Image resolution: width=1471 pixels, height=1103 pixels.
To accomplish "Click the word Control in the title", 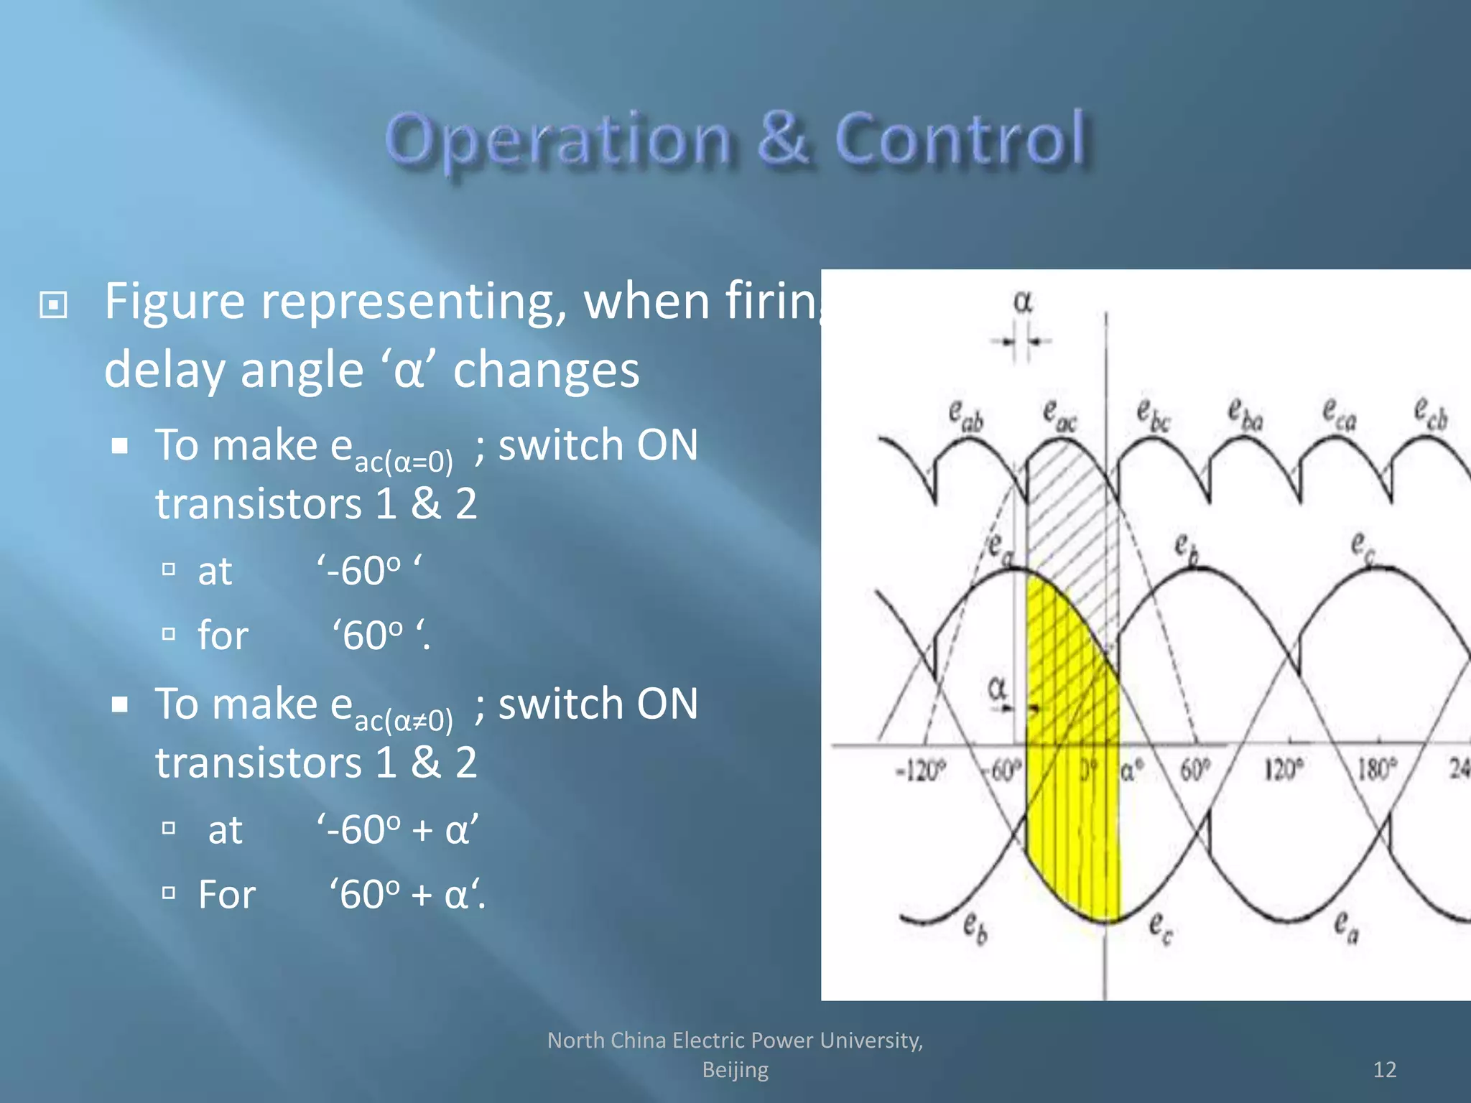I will [960, 139].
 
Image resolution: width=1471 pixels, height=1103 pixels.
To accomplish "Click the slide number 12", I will [1384, 1069].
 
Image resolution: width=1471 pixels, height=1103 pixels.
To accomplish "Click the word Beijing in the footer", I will [735, 1069].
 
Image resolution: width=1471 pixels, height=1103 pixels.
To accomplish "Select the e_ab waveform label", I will [965, 415].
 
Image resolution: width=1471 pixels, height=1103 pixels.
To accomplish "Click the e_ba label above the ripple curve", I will [1245, 415].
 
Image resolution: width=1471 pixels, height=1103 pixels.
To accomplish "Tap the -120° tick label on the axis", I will [920, 771].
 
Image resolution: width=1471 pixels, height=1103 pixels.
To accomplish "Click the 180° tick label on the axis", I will [1376, 770].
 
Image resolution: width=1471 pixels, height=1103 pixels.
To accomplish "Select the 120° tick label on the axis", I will [1283, 770].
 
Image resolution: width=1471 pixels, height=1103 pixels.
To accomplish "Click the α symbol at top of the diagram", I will [1023, 302].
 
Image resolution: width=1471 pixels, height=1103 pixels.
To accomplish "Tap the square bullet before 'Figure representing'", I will [54, 305].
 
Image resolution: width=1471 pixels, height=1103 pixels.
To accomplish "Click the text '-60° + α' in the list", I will [397, 830].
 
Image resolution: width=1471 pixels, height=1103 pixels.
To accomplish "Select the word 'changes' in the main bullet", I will [546, 371].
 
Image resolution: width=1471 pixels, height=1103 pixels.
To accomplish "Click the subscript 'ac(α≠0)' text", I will [404, 720].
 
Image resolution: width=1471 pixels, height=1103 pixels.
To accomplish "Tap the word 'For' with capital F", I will [226, 895].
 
